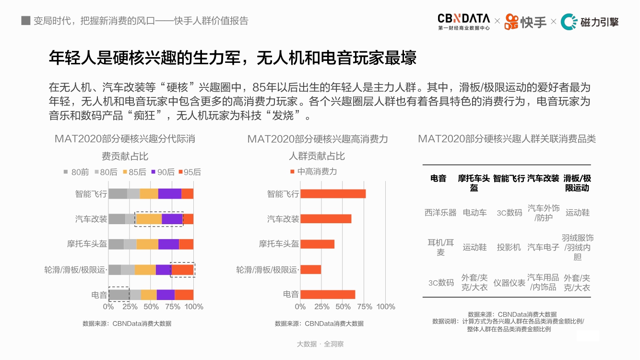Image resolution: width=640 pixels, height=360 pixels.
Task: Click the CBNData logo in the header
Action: [463, 22]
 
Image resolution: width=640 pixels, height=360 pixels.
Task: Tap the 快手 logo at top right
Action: [525, 22]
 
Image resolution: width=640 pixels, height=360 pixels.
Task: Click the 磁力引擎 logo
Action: [590, 22]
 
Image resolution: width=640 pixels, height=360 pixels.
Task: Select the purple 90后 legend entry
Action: [163, 172]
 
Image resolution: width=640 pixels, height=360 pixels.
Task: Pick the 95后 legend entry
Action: [190, 172]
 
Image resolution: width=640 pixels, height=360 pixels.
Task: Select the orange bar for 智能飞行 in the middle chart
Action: [333, 193]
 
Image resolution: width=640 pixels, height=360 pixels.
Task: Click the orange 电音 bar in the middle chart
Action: [328, 294]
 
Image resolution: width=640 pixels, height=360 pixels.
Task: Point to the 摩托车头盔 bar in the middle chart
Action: [317, 244]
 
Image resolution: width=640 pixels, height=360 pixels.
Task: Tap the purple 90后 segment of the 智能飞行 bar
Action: [170, 193]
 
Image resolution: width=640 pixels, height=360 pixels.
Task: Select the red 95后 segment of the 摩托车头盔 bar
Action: [186, 244]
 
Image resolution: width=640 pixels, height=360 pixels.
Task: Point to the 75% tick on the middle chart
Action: [365, 307]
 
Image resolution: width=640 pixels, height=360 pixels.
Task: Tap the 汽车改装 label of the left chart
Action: [91, 219]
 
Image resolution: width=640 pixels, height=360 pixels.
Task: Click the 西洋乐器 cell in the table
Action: [440, 212]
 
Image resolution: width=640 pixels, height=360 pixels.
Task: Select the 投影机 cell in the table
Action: [509, 247]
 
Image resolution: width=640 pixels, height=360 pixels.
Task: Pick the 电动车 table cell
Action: [474, 212]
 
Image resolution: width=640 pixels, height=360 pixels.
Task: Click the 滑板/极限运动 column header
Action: [577, 183]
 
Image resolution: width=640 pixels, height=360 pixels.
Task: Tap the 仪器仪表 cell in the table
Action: [509, 283]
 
